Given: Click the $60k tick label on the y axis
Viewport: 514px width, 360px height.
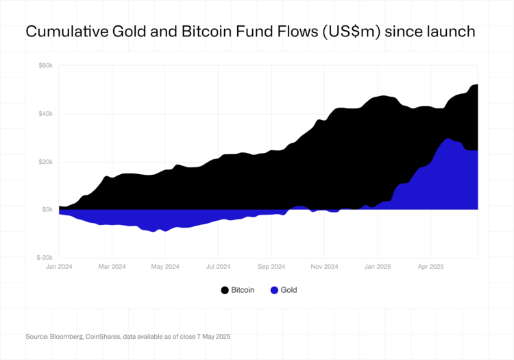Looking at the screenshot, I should coord(45,66).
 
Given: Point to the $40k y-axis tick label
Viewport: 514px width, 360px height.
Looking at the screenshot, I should coord(45,114).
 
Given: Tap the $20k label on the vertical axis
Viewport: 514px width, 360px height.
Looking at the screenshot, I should coord(45,162).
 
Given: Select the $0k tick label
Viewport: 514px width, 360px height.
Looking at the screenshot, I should coord(47,210).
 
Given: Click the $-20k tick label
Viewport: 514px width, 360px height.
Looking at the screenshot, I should coord(45,258).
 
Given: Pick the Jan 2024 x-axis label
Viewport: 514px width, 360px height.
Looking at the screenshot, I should coord(59,266).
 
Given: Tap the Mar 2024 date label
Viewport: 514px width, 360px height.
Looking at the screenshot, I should coord(112,266).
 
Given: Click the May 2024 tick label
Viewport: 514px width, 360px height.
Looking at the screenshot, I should coord(164,266).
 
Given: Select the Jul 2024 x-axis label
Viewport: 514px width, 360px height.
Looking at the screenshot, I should coord(218,266).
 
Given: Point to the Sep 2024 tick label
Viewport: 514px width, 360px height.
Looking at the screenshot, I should coord(271,266).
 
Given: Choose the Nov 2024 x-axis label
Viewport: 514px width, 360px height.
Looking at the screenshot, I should coord(324,266).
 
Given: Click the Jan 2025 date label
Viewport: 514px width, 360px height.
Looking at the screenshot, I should coord(377,266).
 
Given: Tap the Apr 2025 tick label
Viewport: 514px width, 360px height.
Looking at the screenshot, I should coord(430,266).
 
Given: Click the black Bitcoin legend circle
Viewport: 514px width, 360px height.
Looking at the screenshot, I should coord(224,290).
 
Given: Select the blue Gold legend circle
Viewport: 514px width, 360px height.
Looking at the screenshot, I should coord(274,290).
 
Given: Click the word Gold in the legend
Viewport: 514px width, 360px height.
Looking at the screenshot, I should coord(289,290).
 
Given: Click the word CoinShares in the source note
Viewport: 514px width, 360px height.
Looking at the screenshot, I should coord(101,337).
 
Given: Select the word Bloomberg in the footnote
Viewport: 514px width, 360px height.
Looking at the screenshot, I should coord(64,337).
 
